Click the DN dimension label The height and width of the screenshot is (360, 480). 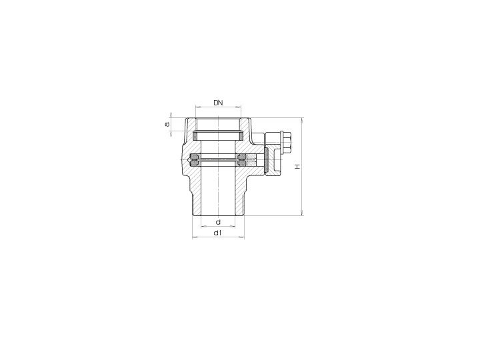click(x=218, y=103)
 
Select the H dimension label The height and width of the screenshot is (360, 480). click(x=297, y=167)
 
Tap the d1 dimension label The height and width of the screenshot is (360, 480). click(x=217, y=233)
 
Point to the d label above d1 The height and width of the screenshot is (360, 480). click(x=218, y=222)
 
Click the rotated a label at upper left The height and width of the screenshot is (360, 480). click(x=167, y=124)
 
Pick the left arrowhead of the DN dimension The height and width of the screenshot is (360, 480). click(x=197, y=107)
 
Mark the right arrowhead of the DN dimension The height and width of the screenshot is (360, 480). click(x=239, y=107)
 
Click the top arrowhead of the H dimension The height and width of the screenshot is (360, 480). click(x=303, y=120)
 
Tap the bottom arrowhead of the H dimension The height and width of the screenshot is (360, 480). click(x=303, y=213)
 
